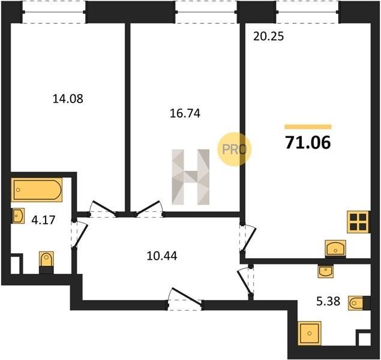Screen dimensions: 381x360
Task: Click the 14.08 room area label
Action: (68, 99)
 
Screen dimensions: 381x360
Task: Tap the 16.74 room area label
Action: (185, 113)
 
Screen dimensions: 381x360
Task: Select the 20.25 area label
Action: (268, 37)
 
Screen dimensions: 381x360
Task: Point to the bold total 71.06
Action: (308, 142)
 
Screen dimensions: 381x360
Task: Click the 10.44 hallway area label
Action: (162, 256)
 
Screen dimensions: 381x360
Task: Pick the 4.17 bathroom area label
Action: (43, 220)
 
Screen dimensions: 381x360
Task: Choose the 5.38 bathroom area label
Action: (328, 301)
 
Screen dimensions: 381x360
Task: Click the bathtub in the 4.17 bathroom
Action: (37, 190)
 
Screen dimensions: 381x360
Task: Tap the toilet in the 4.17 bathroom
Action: (46, 262)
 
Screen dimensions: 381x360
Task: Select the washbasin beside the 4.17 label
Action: (18, 216)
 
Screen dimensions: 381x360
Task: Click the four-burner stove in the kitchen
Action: (358, 222)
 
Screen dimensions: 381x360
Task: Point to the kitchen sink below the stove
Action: (335, 248)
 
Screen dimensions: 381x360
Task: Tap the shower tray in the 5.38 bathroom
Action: (310, 333)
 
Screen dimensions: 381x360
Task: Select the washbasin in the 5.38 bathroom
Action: (326, 271)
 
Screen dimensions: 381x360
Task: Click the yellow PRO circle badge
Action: (234, 149)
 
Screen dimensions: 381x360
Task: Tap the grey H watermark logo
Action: (191, 177)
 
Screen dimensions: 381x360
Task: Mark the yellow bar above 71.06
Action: (308, 127)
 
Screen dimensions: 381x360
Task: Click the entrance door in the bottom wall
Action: (185, 298)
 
